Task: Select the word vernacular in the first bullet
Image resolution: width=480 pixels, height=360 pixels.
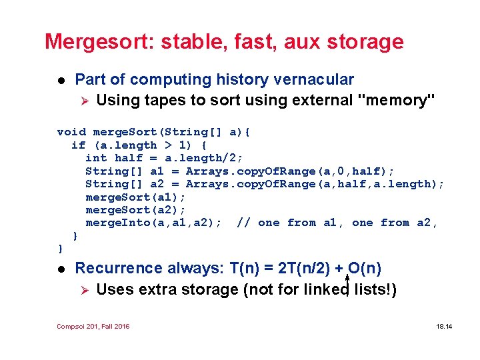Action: point(313,79)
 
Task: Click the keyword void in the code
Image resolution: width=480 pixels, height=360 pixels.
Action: point(71,132)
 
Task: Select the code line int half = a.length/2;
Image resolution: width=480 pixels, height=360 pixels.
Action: point(164,158)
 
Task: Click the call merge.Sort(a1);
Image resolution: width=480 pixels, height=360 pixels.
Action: point(135,197)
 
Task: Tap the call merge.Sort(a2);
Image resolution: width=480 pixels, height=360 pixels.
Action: point(135,210)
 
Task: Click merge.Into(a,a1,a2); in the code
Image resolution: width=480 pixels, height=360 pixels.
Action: point(153,223)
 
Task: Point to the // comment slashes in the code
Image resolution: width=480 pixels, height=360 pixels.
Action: point(244,223)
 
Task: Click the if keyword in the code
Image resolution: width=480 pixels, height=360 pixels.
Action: point(78,145)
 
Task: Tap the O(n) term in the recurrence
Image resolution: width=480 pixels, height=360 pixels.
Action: point(365,268)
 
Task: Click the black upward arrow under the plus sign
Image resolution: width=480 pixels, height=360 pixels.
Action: point(347,283)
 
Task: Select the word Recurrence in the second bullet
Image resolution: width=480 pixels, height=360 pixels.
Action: point(119,268)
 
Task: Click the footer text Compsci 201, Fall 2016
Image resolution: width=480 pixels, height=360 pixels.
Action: point(93,326)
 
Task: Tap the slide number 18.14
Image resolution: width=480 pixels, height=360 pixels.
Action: point(443,326)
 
